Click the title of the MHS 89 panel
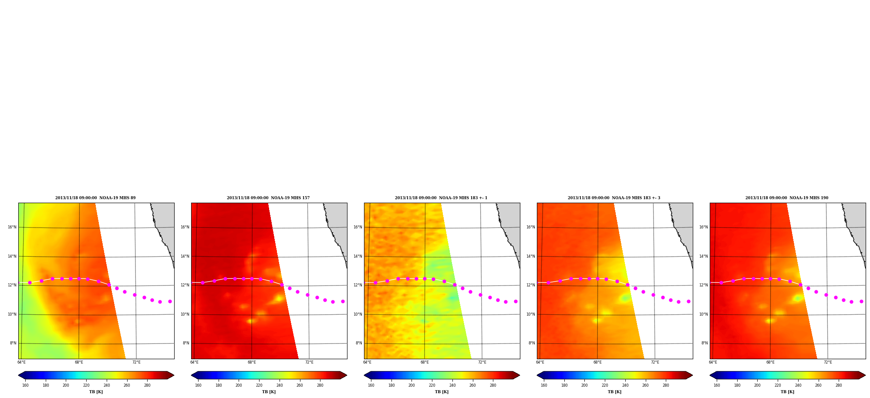95,198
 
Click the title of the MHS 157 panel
268,198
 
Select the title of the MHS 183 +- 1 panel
441,198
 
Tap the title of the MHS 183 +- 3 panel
614,198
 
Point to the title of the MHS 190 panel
787,198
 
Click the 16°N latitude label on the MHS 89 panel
12,227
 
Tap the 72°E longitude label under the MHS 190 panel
828,362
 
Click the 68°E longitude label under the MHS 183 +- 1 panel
425,362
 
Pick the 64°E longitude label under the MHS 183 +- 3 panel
540,362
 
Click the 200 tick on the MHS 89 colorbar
66,385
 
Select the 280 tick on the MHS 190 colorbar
839,385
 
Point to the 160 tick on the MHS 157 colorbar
198,385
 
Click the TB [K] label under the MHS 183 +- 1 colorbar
442,392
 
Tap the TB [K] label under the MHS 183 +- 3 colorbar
614,392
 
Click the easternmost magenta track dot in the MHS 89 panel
170,301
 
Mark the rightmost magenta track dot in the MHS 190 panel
861,301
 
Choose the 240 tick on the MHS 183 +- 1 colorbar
452,385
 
